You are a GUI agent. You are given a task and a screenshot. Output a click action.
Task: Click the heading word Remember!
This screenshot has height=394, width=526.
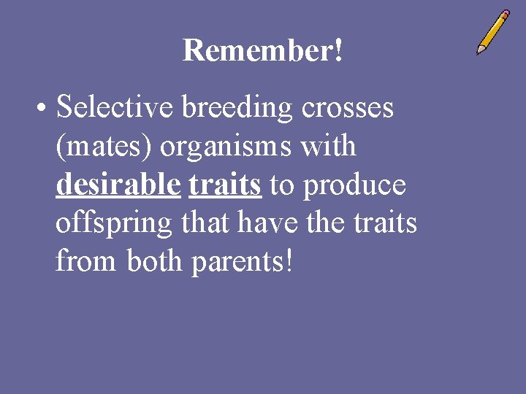[x=262, y=51]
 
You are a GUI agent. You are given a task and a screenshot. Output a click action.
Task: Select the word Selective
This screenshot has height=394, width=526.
[x=115, y=108]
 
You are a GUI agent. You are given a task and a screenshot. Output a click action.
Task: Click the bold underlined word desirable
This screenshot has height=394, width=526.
[x=118, y=185]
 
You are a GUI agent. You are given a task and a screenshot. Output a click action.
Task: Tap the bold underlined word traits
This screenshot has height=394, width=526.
[x=225, y=185]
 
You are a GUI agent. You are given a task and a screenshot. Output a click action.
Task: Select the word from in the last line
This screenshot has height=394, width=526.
[x=86, y=261]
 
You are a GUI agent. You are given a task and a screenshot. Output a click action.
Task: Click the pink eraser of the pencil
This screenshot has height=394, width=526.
[x=504, y=15]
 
